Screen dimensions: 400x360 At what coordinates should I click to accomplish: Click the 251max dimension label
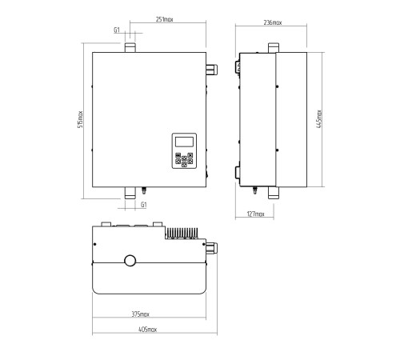pyautogui.click(x=165, y=19)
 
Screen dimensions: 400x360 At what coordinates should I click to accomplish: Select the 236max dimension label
pyautogui.click(x=273, y=22)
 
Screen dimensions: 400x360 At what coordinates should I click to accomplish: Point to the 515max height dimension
pyautogui.click(x=80, y=119)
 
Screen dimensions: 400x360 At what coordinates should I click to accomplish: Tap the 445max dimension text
pyautogui.click(x=319, y=119)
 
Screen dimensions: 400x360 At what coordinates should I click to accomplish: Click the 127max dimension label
pyautogui.click(x=255, y=214)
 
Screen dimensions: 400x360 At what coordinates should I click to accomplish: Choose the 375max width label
pyautogui.click(x=140, y=314)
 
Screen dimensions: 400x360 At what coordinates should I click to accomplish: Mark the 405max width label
pyautogui.click(x=147, y=330)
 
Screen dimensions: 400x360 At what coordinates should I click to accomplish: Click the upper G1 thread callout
pyautogui.click(x=117, y=30)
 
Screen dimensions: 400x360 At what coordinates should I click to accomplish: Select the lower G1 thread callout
pyautogui.click(x=144, y=205)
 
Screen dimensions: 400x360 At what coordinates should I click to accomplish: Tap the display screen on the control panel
pyautogui.click(x=184, y=142)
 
